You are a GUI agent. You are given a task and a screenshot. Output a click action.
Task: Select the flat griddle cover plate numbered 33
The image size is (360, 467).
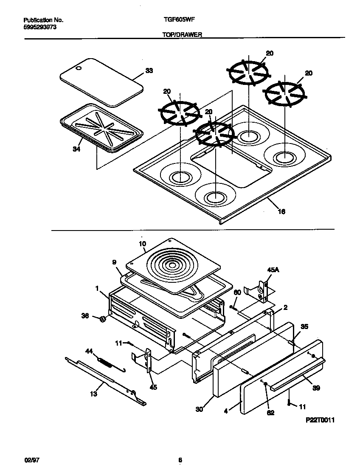point(101,82)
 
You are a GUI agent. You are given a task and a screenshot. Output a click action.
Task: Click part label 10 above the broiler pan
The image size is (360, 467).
point(142,244)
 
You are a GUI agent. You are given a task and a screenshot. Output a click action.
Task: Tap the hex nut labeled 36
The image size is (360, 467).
point(103,319)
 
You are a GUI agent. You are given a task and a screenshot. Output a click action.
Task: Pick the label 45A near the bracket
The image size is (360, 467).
point(273,270)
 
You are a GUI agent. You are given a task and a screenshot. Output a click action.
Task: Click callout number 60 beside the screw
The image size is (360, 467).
point(238,292)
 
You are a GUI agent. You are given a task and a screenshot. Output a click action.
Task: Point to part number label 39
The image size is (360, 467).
point(316,388)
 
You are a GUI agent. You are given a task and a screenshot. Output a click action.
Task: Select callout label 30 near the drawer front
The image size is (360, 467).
point(200,409)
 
